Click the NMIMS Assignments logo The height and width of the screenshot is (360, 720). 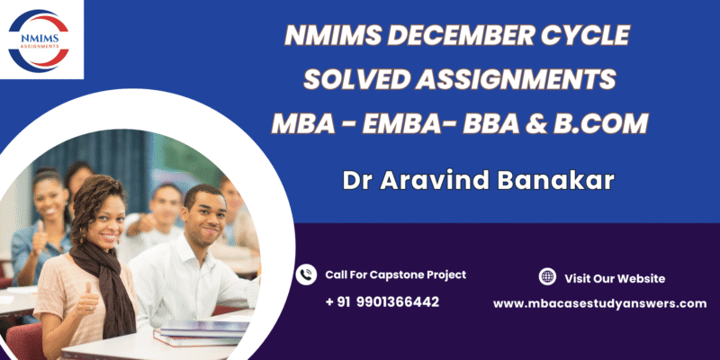pyautogui.click(x=39, y=40)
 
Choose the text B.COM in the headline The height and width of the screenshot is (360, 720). pyautogui.click(x=600, y=124)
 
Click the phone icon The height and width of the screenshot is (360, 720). pyautogui.click(x=306, y=274)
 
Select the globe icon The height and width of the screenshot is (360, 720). pyautogui.click(x=547, y=276)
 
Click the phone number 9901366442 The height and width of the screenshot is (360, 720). pyautogui.click(x=398, y=302)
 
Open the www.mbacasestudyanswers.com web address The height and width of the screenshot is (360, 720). pyautogui.click(x=600, y=303)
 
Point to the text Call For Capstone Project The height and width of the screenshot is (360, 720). pyautogui.click(x=396, y=274)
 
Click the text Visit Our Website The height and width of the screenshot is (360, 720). pyautogui.click(x=615, y=278)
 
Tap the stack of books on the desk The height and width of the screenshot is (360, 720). pyautogui.click(x=202, y=332)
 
